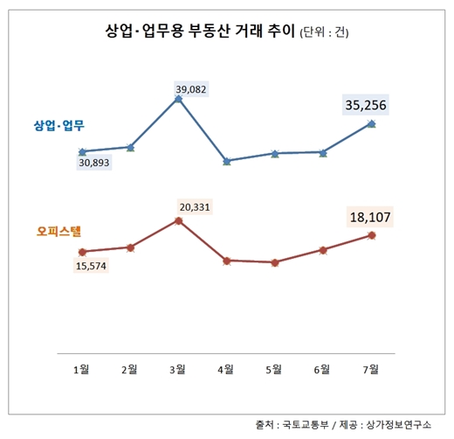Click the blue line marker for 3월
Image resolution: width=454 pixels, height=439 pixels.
[x=178, y=99]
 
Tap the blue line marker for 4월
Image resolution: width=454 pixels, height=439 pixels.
[x=227, y=161]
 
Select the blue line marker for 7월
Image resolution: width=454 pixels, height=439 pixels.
[x=373, y=124]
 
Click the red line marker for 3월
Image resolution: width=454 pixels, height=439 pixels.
[x=178, y=220]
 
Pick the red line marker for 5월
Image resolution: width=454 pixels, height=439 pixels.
[x=275, y=262]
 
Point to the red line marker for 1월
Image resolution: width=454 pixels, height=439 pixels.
[x=82, y=252]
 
